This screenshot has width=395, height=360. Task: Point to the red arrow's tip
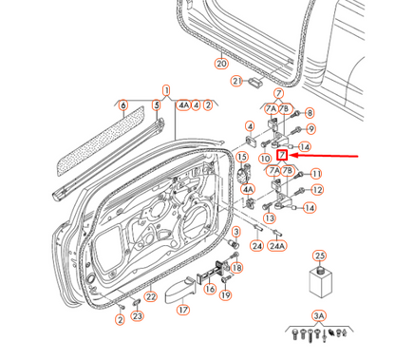tap(291, 155)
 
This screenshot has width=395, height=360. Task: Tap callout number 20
tap(221, 64)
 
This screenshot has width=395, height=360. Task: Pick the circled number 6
tap(122, 104)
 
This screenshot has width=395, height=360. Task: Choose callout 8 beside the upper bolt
tap(309, 113)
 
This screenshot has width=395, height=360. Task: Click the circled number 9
tap(310, 129)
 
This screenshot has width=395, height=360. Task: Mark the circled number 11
tap(316, 174)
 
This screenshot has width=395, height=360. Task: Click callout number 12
tap(316, 190)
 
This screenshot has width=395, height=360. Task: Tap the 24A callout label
tap(276, 245)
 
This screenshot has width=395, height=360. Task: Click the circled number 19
tap(225, 295)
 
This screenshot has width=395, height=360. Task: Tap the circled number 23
tap(137, 315)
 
